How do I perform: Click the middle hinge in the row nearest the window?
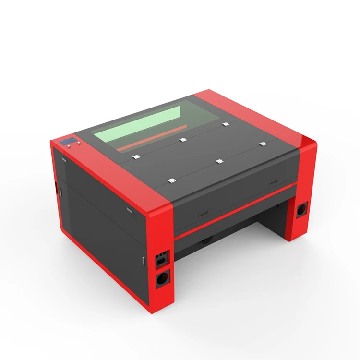tap(182, 140)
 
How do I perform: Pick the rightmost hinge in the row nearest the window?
tap(225, 124)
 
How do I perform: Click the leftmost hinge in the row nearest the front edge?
tap(171, 180)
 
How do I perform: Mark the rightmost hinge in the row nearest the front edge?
tap(262, 144)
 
